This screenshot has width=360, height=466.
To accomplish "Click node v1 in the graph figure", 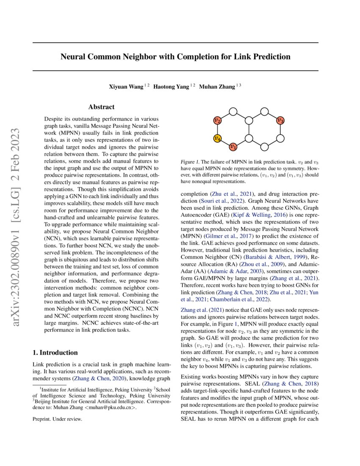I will click(233, 147).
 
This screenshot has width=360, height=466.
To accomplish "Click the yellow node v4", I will click(217, 138).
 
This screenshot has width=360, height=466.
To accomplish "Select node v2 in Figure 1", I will click(217, 120).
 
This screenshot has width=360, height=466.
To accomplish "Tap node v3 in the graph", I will click(280, 120).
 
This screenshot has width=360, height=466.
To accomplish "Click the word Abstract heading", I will click(101, 107).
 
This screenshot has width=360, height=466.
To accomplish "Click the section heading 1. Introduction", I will click(55, 352).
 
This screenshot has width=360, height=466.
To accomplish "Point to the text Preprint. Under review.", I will click(57, 419).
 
